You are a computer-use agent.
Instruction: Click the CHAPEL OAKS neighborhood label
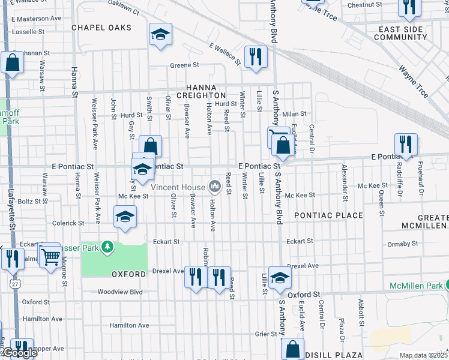click(101, 28)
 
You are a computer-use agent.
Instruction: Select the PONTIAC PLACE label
click(328, 215)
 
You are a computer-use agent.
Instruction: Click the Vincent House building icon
click(214, 187)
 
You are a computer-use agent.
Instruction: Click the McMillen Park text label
click(414, 285)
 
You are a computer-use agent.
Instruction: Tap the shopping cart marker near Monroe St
click(50, 256)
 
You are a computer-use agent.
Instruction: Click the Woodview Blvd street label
click(121, 292)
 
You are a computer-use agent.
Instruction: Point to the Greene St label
click(184, 65)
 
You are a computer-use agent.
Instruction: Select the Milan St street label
click(295, 113)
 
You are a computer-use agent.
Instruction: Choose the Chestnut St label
click(360, 5)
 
